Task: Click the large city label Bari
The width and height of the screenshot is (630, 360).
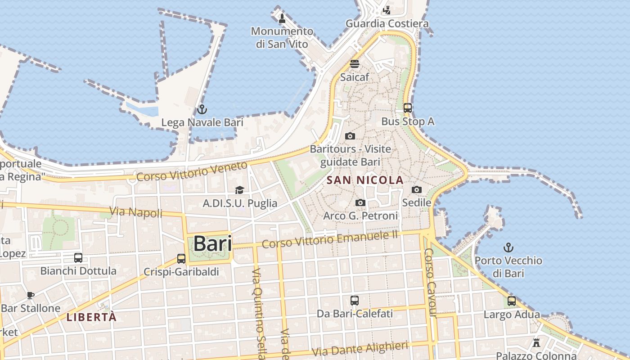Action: pos(212,244)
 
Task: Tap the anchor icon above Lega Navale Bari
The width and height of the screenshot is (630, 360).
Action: pos(202,109)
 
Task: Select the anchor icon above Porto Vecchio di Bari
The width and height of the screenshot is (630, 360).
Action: pos(508,247)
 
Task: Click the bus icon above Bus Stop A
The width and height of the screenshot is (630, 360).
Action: pos(408,108)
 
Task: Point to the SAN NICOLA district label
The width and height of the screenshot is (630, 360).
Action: pos(365,180)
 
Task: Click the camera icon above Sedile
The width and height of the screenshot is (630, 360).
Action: pos(417,189)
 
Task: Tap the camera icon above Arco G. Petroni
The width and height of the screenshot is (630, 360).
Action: pos(360,203)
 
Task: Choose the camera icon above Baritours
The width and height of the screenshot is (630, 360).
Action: pos(350,136)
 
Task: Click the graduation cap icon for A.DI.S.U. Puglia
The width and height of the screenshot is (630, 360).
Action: pos(239,190)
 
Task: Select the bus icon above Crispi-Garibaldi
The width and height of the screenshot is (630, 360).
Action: pos(181,258)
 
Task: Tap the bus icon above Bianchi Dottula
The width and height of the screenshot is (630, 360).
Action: pos(78,257)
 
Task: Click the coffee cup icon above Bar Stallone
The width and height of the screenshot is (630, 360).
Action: pos(30,295)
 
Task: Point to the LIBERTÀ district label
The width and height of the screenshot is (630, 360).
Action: pos(92,317)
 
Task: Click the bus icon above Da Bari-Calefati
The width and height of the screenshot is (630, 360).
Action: pos(355,300)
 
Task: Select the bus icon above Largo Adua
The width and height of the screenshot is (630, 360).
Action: pos(512,301)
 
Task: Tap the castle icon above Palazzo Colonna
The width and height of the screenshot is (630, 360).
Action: pos(536,342)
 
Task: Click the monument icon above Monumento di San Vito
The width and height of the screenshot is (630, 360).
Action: pos(282,18)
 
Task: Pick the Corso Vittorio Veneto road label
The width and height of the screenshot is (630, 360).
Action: pos(192,171)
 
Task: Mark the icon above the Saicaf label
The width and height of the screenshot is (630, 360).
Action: pos(355,63)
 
